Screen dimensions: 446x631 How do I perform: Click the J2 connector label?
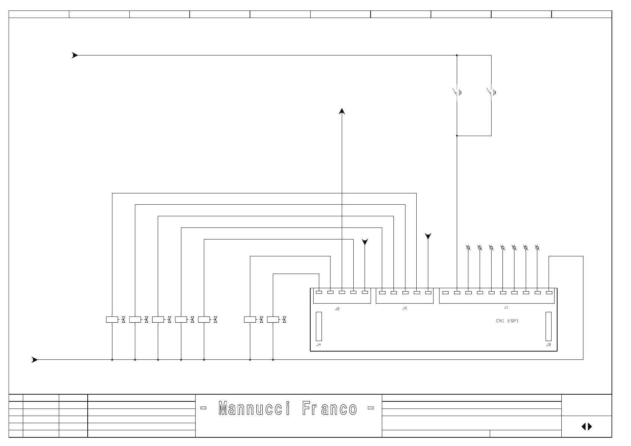pyautogui.click(x=337, y=309)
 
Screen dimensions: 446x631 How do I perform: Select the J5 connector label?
pyautogui.click(x=405, y=308)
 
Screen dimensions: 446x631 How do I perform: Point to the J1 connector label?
pyautogui.click(x=506, y=308)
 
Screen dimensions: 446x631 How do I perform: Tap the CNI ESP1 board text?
pyautogui.click(x=507, y=321)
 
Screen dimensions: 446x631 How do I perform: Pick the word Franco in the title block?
pyautogui.click(x=330, y=409)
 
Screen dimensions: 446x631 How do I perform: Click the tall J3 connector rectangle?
pyautogui.click(x=549, y=326)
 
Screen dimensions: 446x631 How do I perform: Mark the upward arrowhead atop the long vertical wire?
pyautogui.click(x=342, y=111)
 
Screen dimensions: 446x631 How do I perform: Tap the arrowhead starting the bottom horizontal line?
pyautogui.click(x=34, y=360)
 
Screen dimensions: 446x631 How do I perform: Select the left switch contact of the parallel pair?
pyautogui.click(x=457, y=92)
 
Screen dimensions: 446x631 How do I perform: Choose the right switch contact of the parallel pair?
pyautogui.click(x=491, y=92)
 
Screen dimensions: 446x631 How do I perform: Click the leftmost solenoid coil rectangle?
pyautogui.click(x=112, y=320)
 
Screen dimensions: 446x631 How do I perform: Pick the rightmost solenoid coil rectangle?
pyautogui.click(x=273, y=320)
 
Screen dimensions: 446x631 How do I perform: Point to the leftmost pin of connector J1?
pyautogui.click(x=446, y=293)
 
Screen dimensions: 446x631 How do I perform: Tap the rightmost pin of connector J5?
pyautogui.click(x=428, y=293)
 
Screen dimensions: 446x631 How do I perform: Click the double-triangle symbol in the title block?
pyautogui.click(x=587, y=427)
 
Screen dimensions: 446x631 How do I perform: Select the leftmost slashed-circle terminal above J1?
pyautogui.click(x=468, y=248)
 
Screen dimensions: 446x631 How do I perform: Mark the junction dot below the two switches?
pyautogui.click(x=457, y=136)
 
